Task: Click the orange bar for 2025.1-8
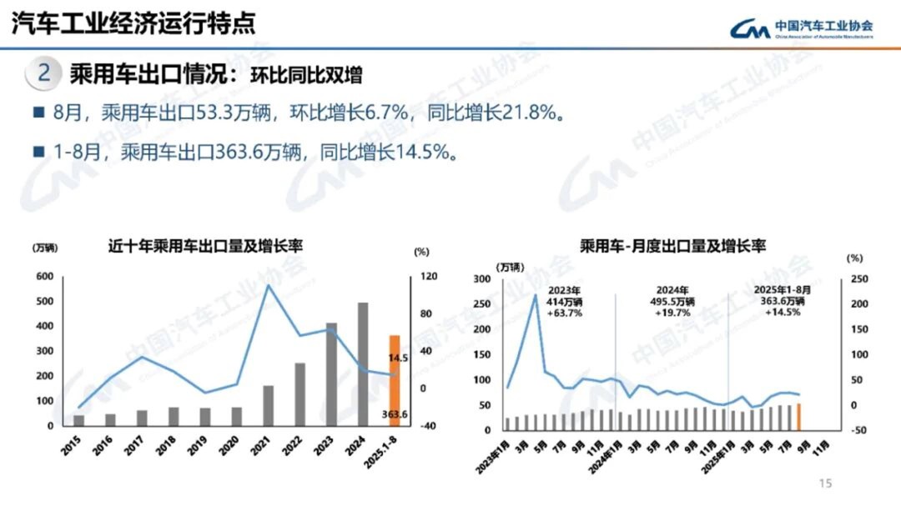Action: click(x=395, y=380)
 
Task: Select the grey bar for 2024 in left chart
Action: click(x=363, y=363)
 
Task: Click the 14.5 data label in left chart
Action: click(x=397, y=358)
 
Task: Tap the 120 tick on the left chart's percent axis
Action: click(x=425, y=277)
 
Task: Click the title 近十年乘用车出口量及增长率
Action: click(x=204, y=247)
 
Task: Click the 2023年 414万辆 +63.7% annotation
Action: click(x=564, y=301)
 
